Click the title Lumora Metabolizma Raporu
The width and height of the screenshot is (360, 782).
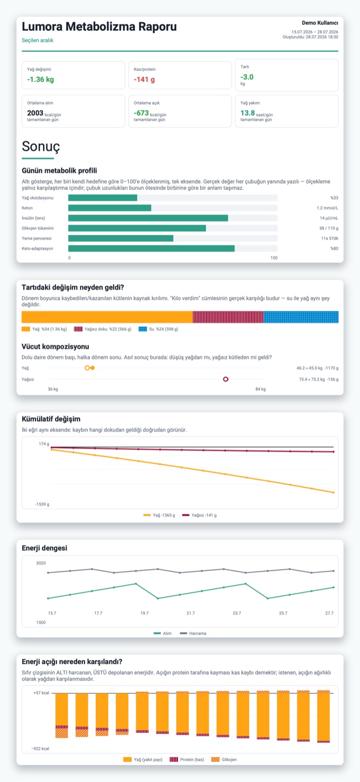[x=99, y=26]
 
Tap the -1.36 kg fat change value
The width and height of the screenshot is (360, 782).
[x=41, y=79]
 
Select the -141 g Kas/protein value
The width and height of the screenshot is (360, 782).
[x=144, y=79]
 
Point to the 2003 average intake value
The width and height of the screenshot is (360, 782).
[x=35, y=113]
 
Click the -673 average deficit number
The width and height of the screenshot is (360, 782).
[x=141, y=113]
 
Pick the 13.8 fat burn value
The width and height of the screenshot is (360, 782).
[x=248, y=113]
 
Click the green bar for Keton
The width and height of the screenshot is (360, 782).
[x=110, y=208]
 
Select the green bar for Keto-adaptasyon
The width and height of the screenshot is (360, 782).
[x=151, y=248]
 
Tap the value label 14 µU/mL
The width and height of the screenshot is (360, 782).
[x=329, y=218]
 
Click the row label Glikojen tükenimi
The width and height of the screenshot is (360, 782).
[x=38, y=228]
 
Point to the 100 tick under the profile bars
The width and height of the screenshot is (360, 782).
[x=274, y=258]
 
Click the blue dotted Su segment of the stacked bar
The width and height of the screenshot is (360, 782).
[x=301, y=317]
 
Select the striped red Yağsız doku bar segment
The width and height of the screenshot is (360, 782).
[x=228, y=317]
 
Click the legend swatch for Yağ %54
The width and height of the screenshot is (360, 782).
[x=26, y=329]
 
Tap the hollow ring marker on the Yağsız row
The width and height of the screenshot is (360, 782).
[x=226, y=379]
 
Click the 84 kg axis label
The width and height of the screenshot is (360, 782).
[x=260, y=389]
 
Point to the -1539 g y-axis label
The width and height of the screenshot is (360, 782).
[x=42, y=505]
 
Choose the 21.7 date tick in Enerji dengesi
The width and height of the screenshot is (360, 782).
[x=191, y=613]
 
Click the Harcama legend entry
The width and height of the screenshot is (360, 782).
[x=193, y=633]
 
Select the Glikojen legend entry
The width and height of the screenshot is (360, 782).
[x=224, y=760]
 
